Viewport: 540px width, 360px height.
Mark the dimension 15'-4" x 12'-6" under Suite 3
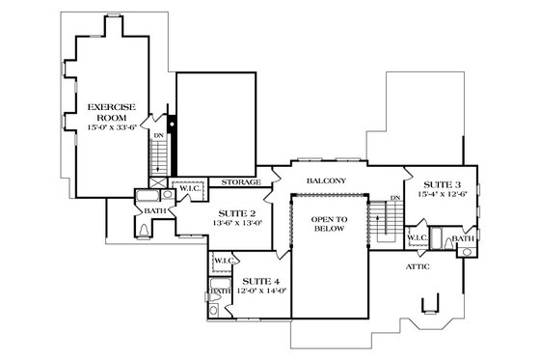442,194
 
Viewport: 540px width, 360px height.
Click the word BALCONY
326,181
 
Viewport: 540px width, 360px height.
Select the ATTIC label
418,265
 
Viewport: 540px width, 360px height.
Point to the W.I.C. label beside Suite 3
417,236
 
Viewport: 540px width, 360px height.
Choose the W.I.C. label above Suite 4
224,260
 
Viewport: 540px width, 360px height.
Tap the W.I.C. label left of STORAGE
189,188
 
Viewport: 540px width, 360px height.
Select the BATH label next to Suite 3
463,237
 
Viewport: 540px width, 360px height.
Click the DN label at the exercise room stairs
159,136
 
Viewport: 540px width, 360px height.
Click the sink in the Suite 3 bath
467,252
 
